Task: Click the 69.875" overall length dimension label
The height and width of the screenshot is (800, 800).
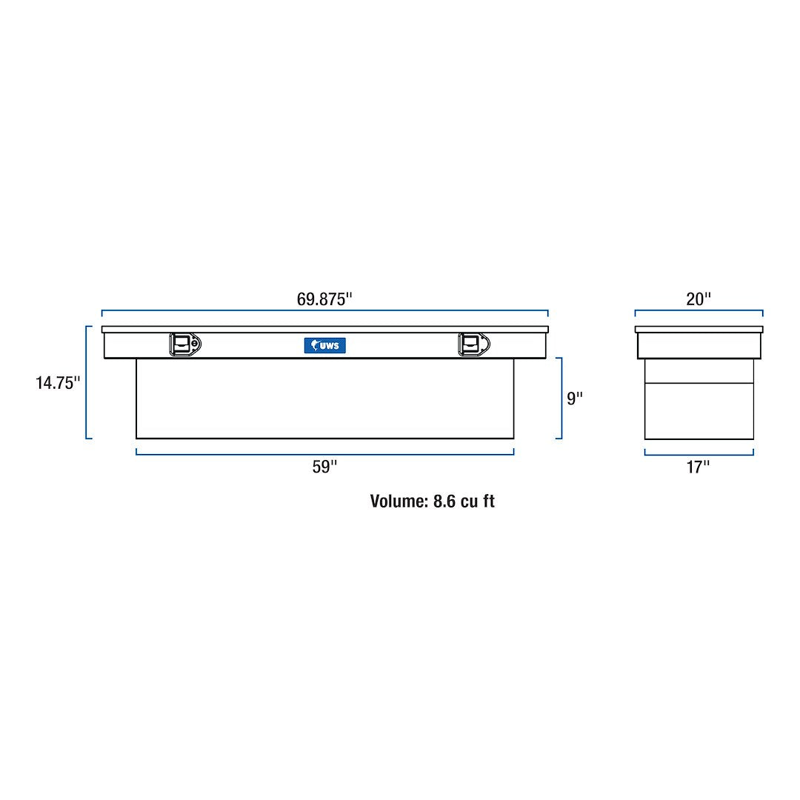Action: tap(324, 299)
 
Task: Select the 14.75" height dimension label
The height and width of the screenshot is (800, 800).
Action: tap(58, 383)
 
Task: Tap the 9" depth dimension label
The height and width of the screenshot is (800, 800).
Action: tap(575, 399)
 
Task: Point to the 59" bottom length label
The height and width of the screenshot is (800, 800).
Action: tap(324, 467)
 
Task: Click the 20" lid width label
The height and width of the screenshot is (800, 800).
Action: tap(698, 299)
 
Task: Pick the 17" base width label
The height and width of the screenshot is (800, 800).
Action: tap(698, 467)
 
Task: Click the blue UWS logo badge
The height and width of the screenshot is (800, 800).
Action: tap(325, 345)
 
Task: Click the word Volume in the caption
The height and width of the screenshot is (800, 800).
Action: tap(399, 501)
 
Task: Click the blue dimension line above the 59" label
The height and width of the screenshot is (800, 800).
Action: tap(324, 453)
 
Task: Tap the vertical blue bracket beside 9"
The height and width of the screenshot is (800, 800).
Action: tap(561, 399)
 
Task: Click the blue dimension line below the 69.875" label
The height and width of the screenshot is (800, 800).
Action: tap(324, 310)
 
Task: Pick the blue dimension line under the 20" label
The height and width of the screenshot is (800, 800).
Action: tap(698, 310)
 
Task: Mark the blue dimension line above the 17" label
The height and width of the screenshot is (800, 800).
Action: tap(698, 454)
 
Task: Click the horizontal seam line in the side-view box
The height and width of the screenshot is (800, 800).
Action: tap(698, 383)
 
